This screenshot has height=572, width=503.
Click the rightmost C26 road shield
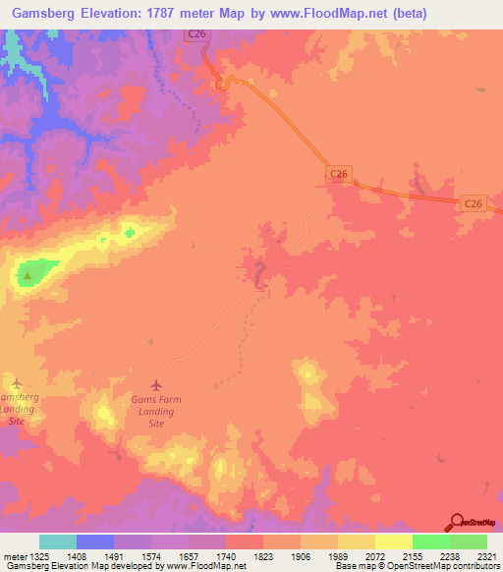(x=473, y=203)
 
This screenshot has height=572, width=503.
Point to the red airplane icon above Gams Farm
(x=154, y=384)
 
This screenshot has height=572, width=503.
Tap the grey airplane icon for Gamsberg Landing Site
(x=16, y=381)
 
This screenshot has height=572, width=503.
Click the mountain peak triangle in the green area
(x=28, y=276)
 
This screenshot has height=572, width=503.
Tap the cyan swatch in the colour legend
(x=58, y=542)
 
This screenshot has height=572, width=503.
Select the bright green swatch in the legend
(x=430, y=542)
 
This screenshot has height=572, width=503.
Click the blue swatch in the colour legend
(x=95, y=542)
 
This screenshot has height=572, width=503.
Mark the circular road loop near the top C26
(x=224, y=86)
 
